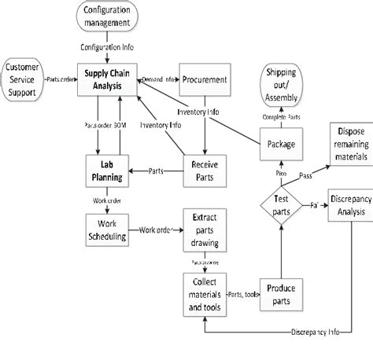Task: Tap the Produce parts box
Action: click(x=279, y=295)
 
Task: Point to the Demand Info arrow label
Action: click(x=158, y=80)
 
